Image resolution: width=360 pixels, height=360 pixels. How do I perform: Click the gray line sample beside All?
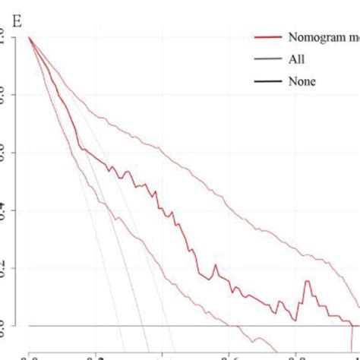pyautogui.click(x=266, y=58)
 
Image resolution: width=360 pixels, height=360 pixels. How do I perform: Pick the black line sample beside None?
pyautogui.click(x=266, y=81)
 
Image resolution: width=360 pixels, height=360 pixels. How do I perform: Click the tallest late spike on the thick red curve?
pyautogui.click(x=308, y=281)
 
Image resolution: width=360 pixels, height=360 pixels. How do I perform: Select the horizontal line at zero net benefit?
pyautogui.click(x=190, y=326)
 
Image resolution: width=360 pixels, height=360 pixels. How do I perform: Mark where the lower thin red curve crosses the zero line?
pyautogui.click(x=237, y=326)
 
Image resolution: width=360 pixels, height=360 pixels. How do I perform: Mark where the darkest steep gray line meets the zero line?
pyautogui.click(x=145, y=326)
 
